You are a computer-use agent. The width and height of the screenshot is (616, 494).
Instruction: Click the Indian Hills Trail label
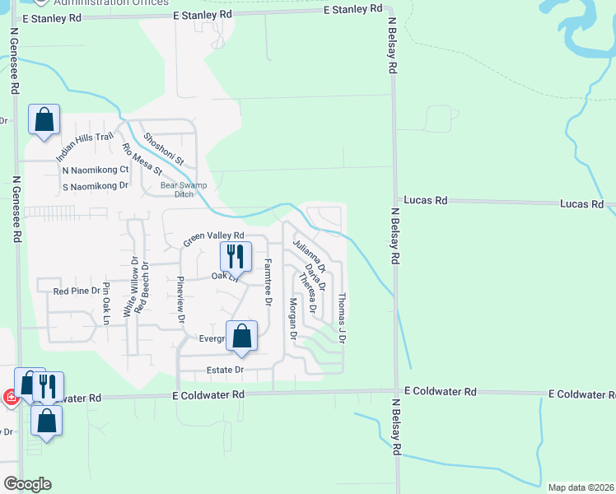pyautogui.click(x=84, y=147)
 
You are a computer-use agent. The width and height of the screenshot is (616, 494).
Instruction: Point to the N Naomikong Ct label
pyautogui.click(x=96, y=170)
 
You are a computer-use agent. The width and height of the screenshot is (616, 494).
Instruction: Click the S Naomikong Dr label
pyautogui.click(x=96, y=185)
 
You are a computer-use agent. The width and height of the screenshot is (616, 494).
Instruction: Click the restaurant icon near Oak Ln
pyautogui.click(x=236, y=257)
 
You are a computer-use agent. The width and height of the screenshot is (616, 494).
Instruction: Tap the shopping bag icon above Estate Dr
pyautogui.click(x=241, y=336)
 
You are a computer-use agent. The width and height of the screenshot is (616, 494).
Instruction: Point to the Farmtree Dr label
pyautogui.click(x=268, y=282)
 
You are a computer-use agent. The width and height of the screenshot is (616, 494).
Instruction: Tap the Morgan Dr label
pyautogui.click(x=292, y=319)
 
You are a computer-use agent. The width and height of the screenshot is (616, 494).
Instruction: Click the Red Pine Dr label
pyautogui.click(x=76, y=291)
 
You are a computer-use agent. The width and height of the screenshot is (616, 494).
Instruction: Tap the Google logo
pyautogui.click(x=27, y=484)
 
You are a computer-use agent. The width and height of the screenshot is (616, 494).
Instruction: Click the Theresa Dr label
pyautogui.click(x=308, y=295)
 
